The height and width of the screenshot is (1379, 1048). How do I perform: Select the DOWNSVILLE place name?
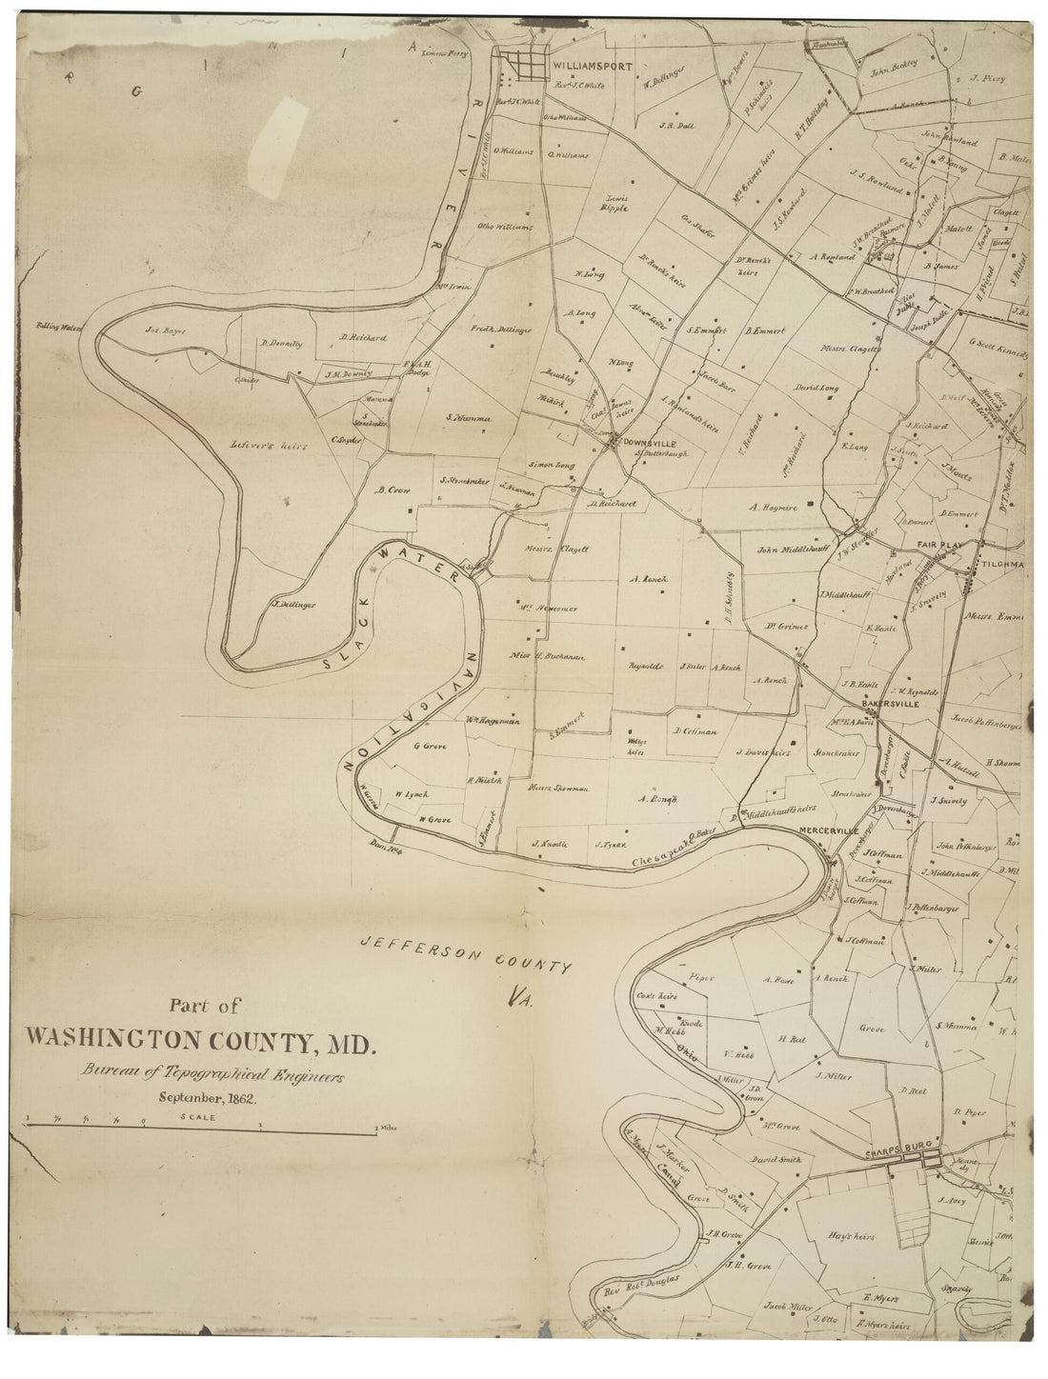tap(651, 442)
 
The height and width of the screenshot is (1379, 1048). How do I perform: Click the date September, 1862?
tap(203, 1098)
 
